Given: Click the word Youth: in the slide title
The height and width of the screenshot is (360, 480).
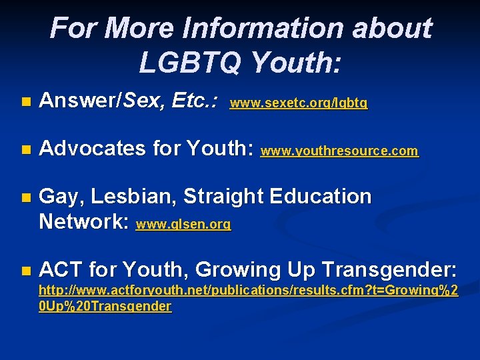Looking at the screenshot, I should pyautogui.click(x=296, y=63).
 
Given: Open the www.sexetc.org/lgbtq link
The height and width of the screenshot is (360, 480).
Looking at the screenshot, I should pyautogui.click(x=298, y=104).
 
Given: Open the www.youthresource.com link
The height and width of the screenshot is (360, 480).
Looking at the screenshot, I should pyautogui.click(x=339, y=151).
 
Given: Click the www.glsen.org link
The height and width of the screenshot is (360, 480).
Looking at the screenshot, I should pyautogui.click(x=183, y=225).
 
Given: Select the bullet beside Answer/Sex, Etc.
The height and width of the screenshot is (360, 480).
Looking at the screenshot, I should pyautogui.click(x=25, y=103).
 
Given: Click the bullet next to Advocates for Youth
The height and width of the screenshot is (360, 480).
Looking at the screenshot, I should pyautogui.click(x=25, y=150).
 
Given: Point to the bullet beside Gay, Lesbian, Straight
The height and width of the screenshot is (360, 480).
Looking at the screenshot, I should pyautogui.click(x=25, y=197).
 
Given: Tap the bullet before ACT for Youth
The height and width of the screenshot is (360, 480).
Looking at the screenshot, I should pyautogui.click(x=25, y=271).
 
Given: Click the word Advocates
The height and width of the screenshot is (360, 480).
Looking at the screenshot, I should pyautogui.click(x=93, y=149).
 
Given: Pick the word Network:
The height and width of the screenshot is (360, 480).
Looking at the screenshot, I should pyautogui.click(x=84, y=221).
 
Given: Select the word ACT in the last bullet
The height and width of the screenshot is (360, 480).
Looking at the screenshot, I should pyautogui.click(x=61, y=270).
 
